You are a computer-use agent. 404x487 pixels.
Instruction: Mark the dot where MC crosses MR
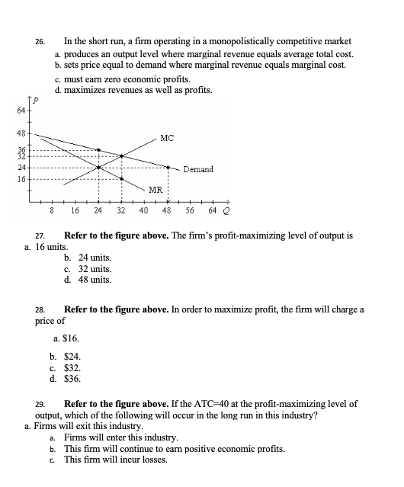coord(98,167)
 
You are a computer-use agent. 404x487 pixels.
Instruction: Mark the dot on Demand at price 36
coord(98,150)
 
